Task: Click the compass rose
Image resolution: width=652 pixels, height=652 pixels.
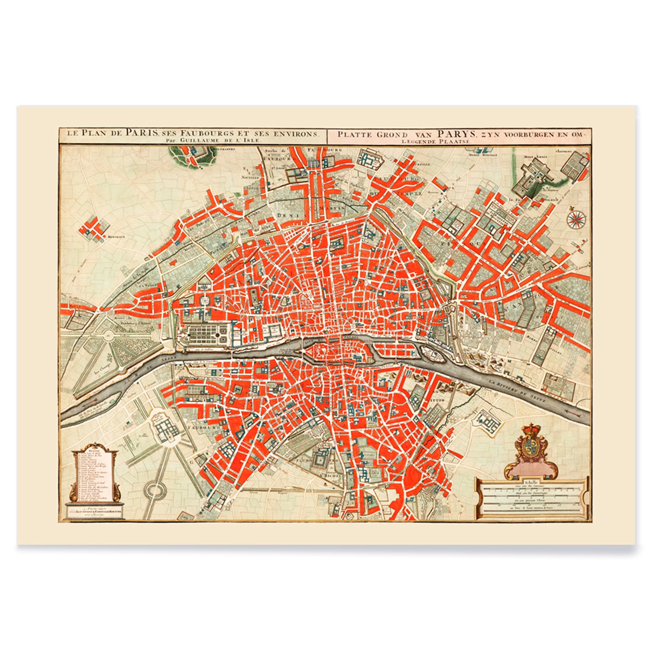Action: click(576, 219)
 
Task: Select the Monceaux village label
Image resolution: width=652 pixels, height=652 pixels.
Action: click(115, 237)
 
